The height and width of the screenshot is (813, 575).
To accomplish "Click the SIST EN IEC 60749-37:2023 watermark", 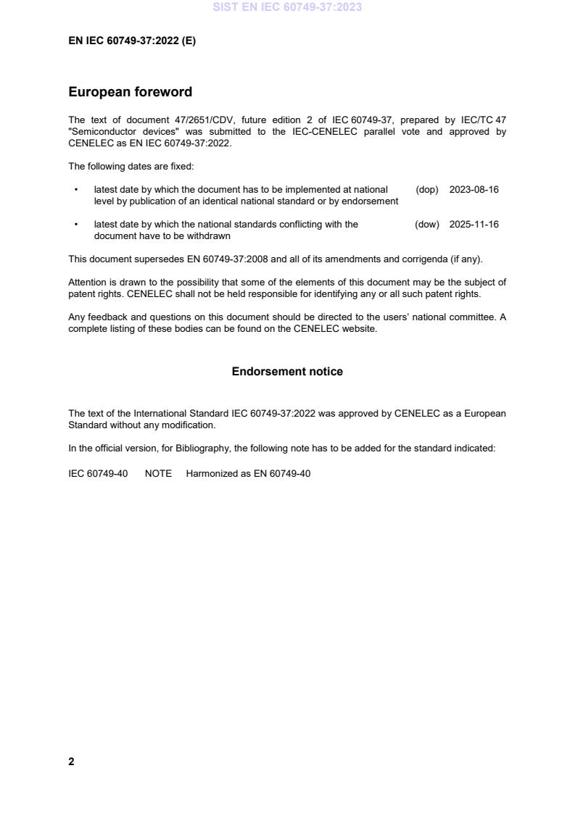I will (x=288, y=7).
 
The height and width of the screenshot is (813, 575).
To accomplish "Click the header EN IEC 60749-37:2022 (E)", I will (x=132, y=41).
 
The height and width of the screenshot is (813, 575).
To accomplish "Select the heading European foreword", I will (x=130, y=92).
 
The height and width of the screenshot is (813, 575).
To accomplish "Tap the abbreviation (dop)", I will (x=427, y=190).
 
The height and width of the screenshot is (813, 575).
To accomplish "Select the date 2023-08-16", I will (x=474, y=190).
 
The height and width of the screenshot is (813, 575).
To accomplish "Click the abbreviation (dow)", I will (x=427, y=225).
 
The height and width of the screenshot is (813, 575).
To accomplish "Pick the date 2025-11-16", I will (x=474, y=225).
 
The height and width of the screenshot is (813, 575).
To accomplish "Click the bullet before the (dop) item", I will (x=76, y=190).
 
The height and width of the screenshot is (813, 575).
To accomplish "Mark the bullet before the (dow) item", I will (x=76, y=225).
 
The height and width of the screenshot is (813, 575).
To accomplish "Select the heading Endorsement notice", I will (x=287, y=372).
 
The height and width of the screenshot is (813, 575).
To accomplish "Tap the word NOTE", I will (x=158, y=474).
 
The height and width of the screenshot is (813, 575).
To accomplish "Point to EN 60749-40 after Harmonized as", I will (x=282, y=474).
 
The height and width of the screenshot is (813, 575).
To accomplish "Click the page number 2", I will (x=71, y=762).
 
